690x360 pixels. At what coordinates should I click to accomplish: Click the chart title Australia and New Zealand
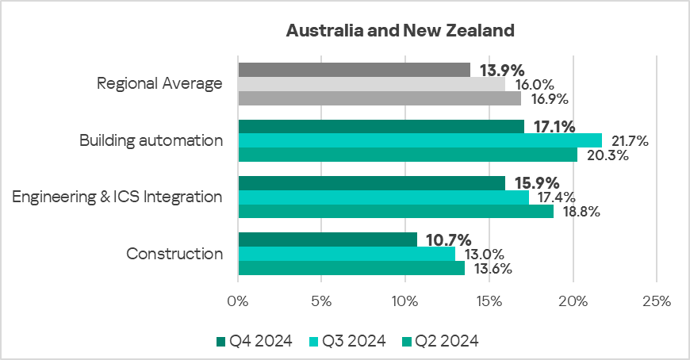point(400,31)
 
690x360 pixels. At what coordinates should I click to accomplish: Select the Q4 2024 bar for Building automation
point(381,127)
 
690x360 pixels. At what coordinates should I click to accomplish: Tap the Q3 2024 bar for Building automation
point(420,140)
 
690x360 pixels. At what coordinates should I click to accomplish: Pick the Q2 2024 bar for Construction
point(351,268)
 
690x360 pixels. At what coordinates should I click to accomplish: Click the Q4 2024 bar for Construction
point(328,239)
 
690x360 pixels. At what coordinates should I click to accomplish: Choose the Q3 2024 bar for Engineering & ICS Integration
point(383,197)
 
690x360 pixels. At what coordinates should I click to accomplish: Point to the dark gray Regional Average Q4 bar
point(354,70)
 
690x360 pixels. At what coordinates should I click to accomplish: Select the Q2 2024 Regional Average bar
point(379,98)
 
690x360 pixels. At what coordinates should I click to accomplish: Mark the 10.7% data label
point(449,239)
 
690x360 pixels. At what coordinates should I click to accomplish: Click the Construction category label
point(174,254)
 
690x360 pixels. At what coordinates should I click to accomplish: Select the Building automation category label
point(151,140)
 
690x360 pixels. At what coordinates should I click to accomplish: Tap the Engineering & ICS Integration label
point(117,197)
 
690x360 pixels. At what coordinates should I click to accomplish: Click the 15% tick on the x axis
point(489,301)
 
